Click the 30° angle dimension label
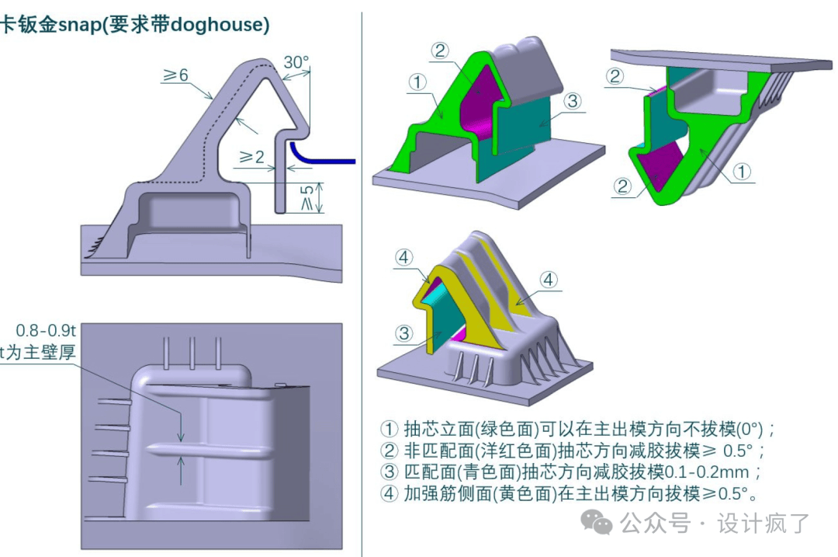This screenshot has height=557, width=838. tap(296, 61)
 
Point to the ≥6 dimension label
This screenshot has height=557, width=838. tap(175, 75)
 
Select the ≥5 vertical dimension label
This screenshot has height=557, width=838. tap(309, 197)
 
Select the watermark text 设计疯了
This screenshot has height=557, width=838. tap(764, 523)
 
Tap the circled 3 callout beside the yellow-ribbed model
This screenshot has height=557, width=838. tap(404, 333)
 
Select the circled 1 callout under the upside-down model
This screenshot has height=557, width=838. tap(743, 172)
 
